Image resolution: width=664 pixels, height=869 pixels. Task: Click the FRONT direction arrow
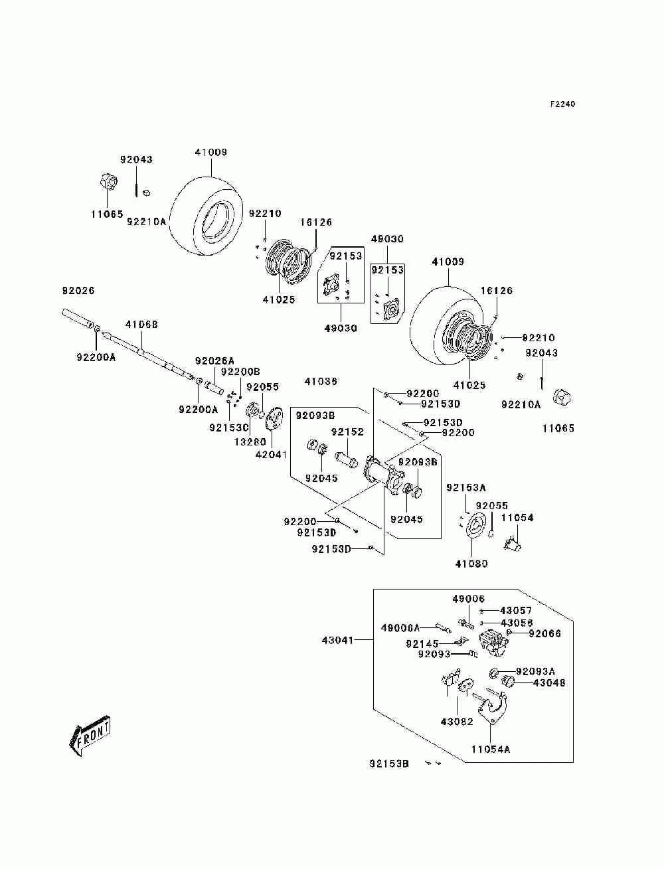click(x=90, y=735)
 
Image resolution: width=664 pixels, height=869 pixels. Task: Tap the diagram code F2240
click(x=562, y=104)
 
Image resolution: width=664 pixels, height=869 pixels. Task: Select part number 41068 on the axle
click(x=142, y=325)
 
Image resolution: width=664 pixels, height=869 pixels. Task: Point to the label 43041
click(x=338, y=640)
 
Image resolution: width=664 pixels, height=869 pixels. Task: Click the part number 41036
click(x=321, y=381)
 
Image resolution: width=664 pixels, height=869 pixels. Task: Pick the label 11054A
click(x=491, y=749)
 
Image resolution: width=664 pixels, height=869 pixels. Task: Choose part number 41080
click(x=471, y=564)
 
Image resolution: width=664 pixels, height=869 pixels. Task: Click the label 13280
click(x=250, y=441)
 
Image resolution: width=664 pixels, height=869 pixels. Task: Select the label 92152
click(x=347, y=432)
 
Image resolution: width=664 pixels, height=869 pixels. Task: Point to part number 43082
click(x=457, y=721)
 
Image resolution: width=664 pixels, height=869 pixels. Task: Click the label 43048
click(x=549, y=682)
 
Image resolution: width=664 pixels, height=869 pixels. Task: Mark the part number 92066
click(x=545, y=633)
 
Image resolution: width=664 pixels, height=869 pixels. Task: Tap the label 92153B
click(x=389, y=763)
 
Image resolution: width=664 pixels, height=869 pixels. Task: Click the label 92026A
click(x=214, y=360)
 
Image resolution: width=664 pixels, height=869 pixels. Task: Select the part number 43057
click(x=516, y=610)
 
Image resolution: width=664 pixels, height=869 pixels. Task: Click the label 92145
click(x=422, y=643)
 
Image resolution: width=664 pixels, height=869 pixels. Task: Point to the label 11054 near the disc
click(x=517, y=517)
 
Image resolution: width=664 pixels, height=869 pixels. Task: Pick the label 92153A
click(x=466, y=487)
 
